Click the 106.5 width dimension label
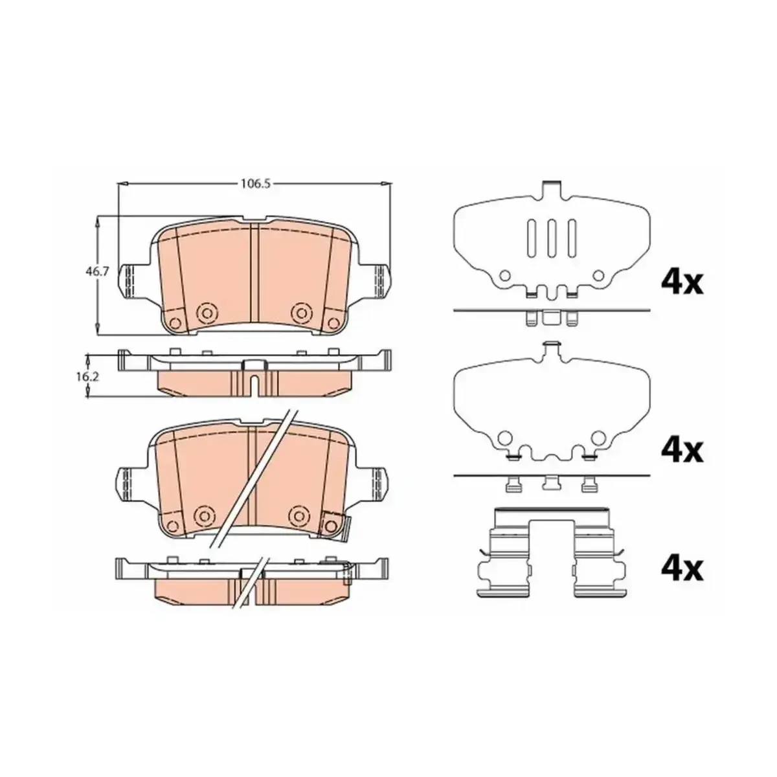(255, 184)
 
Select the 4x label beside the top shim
(682, 284)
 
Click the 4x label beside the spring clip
(682, 569)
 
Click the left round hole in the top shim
(504, 276)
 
